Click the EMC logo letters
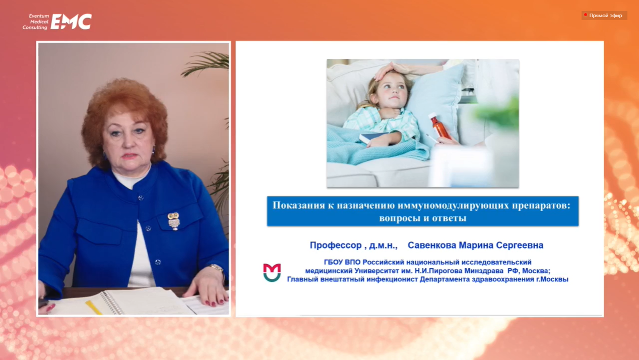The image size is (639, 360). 71,21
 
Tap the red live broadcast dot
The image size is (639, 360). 586,15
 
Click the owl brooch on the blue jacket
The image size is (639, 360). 173,221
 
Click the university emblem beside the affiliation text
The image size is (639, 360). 272,272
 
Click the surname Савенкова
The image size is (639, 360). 432,245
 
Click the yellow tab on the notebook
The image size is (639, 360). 93,307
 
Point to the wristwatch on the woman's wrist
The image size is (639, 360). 217,268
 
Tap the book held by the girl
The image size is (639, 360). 372,138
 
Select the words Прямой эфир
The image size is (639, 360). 606,16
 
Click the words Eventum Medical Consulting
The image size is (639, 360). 36,22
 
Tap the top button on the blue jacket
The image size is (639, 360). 141,198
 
